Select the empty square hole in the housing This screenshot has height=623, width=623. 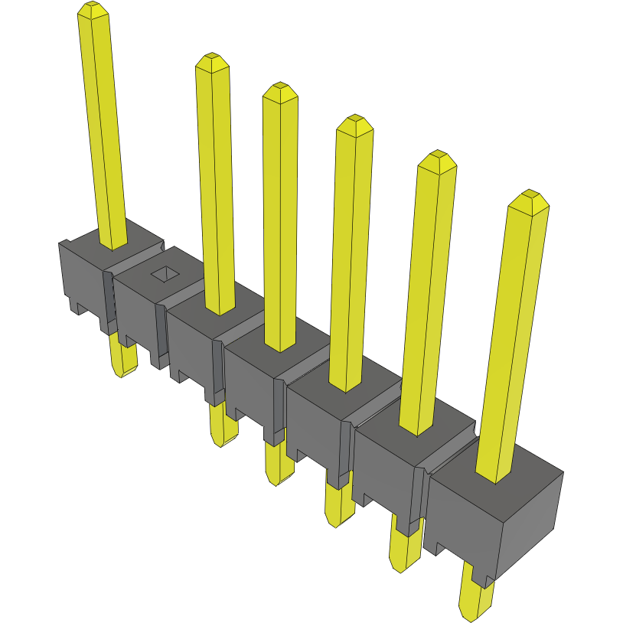pos(163,273)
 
